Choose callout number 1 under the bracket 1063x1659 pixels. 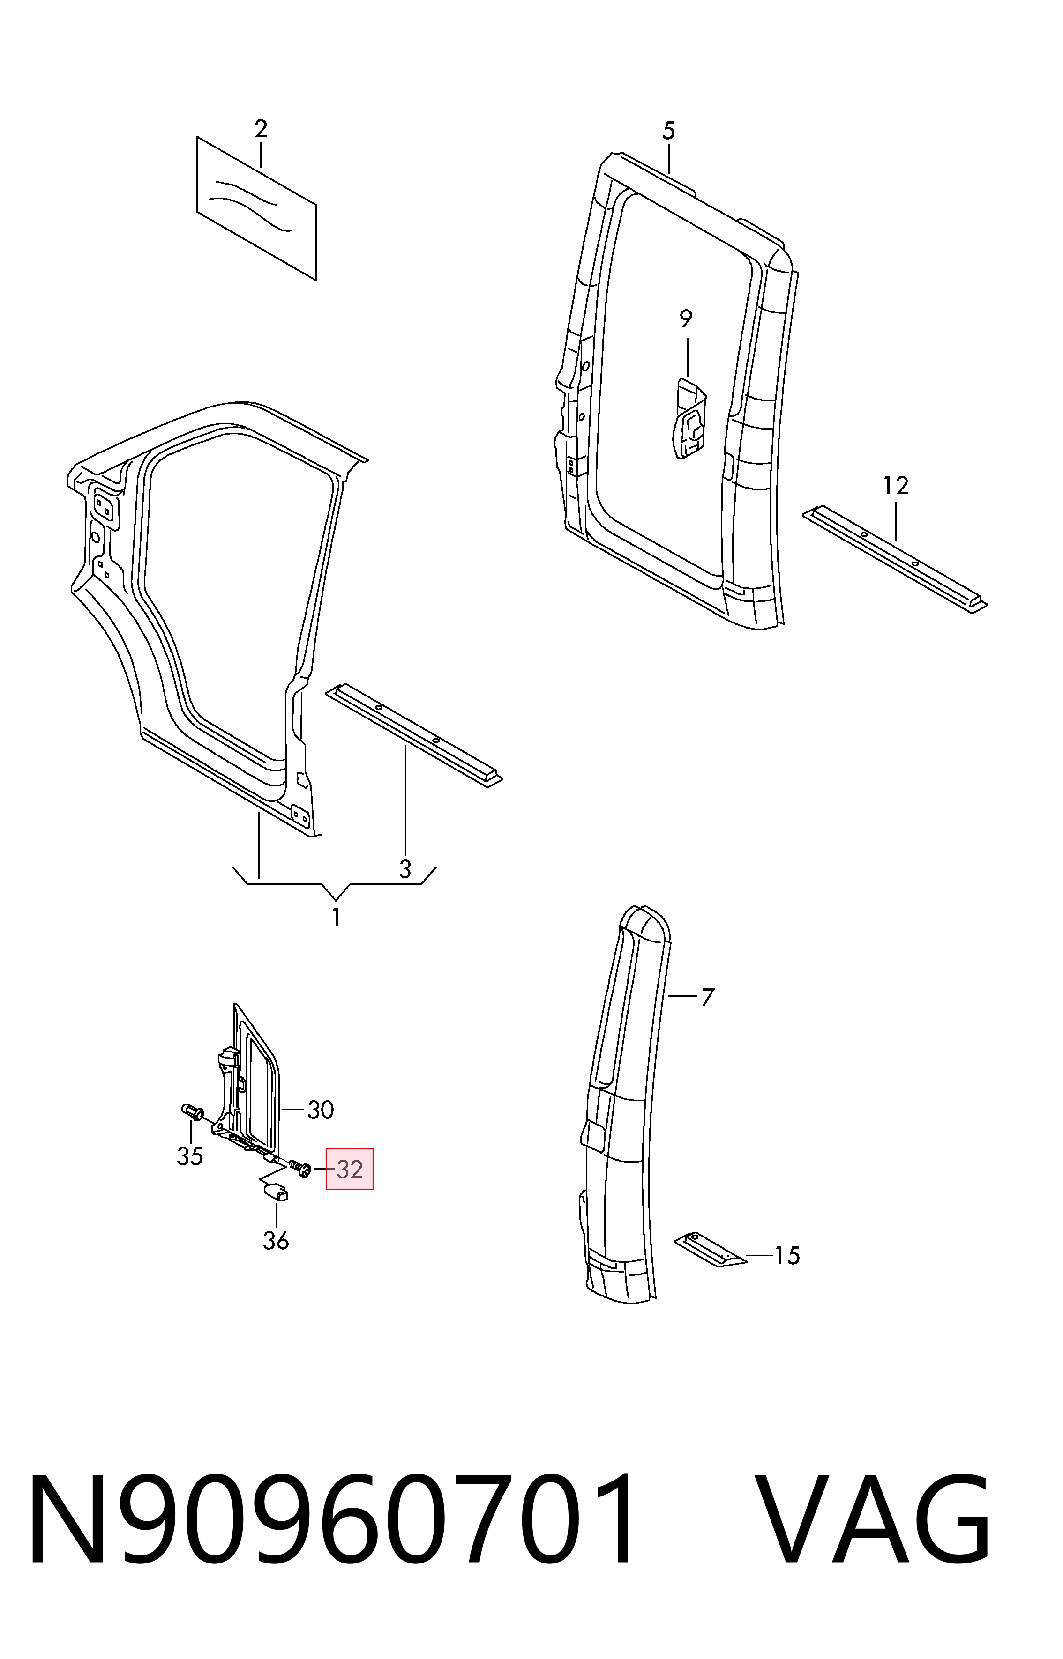click(336, 918)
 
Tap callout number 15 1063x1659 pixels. click(787, 1255)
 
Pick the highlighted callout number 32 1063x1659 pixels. click(349, 1169)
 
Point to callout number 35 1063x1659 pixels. click(190, 1156)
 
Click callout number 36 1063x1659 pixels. click(276, 1241)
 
